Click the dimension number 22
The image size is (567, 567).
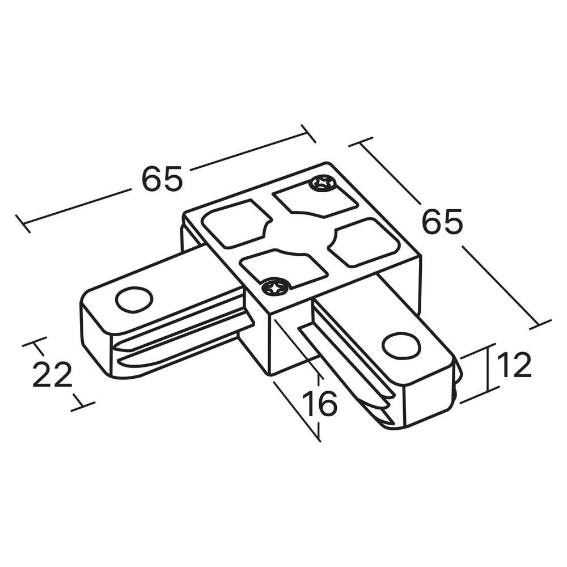coord(52,374)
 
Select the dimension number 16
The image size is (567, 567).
coord(320,403)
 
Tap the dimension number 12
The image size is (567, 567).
coord(514,365)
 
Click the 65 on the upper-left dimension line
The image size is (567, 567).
coord(162,179)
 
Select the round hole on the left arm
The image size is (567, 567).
coord(134,299)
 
